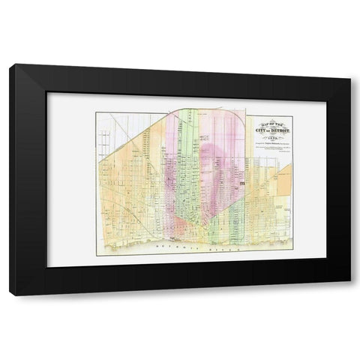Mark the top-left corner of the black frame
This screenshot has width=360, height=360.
pyautogui.click(x=11, y=67)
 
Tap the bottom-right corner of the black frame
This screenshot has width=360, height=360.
pyautogui.click(x=349, y=293)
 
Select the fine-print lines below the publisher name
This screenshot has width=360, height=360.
pyautogui.click(x=274, y=150)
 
